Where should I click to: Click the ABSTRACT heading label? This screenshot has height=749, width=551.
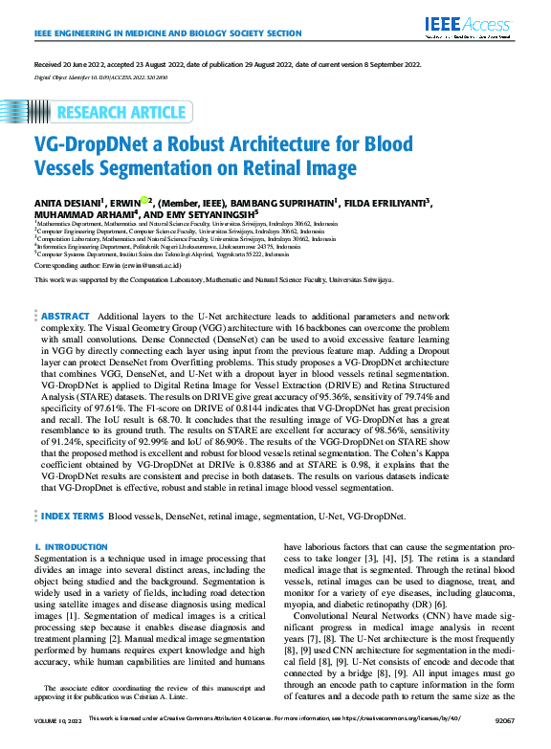(x=66, y=316)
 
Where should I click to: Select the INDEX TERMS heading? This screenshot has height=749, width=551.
(x=72, y=516)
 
